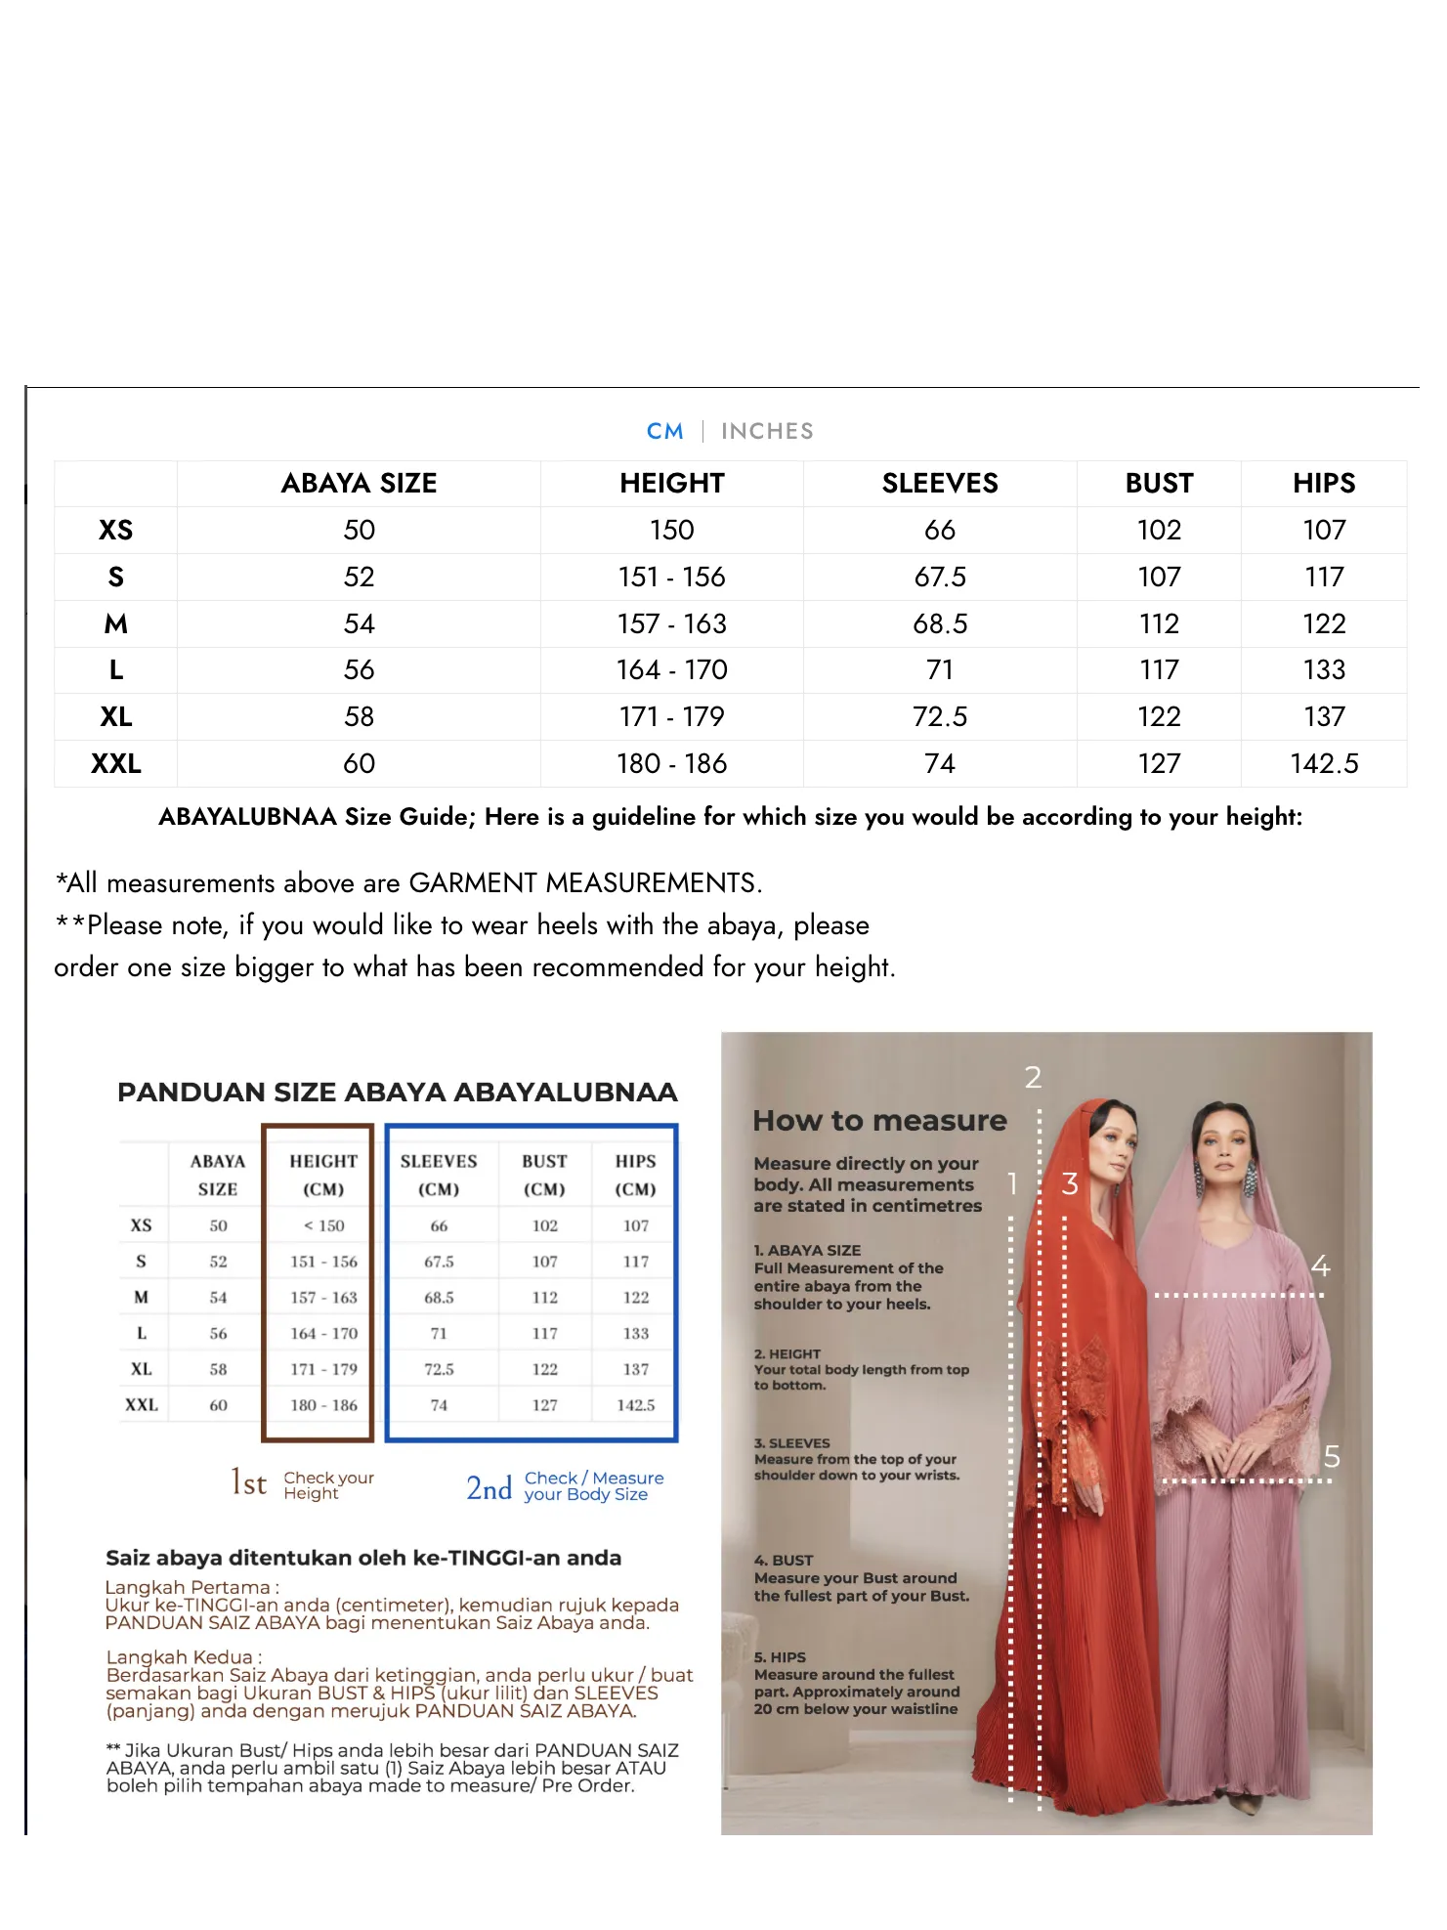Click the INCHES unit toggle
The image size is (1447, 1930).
pyautogui.click(x=767, y=431)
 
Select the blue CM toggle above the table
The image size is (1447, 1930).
pyautogui.click(x=664, y=431)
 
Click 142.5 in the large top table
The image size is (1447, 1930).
pyautogui.click(x=1324, y=763)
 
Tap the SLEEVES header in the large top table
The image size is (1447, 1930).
pyautogui.click(x=940, y=483)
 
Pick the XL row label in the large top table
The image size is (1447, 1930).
pyautogui.click(x=115, y=716)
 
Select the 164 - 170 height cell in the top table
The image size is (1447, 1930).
pyautogui.click(x=671, y=669)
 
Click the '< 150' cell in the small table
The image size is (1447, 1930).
pyautogui.click(x=323, y=1225)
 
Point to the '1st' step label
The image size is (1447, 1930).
pyautogui.click(x=248, y=1482)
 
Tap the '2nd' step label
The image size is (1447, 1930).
pyautogui.click(x=489, y=1488)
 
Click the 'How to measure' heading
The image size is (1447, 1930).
pyautogui.click(x=879, y=1121)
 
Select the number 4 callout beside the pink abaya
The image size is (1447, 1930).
pyautogui.click(x=1321, y=1266)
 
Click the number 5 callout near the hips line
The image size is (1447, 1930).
pyautogui.click(x=1332, y=1457)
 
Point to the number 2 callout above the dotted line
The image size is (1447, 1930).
pyautogui.click(x=1033, y=1077)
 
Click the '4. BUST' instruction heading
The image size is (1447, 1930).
pyautogui.click(x=784, y=1561)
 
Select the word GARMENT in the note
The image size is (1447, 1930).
pyautogui.click(x=473, y=883)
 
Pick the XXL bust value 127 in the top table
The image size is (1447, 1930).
pyautogui.click(x=1159, y=763)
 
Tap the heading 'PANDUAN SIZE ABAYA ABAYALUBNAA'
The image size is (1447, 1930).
pyautogui.click(x=397, y=1093)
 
